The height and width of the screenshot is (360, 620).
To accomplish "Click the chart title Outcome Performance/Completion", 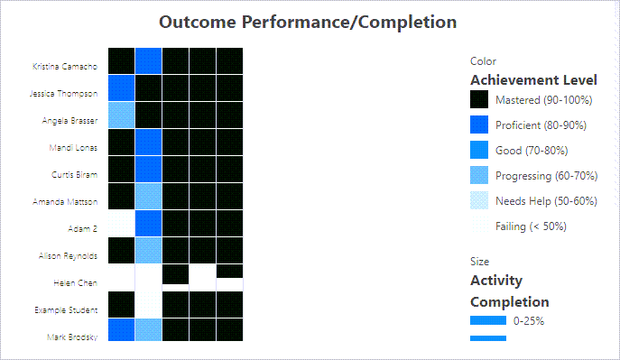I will [x=308, y=22].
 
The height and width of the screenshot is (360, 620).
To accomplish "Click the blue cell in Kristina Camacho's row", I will [x=148, y=60].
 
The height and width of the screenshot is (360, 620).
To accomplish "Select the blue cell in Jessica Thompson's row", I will [x=121, y=88].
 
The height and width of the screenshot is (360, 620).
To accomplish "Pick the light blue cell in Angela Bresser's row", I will [x=121, y=115].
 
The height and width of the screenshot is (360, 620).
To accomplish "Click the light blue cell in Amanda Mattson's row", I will [x=148, y=196].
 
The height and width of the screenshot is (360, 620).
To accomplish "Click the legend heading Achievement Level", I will [x=521, y=80].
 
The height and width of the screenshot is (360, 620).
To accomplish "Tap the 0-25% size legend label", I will [x=529, y=320].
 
